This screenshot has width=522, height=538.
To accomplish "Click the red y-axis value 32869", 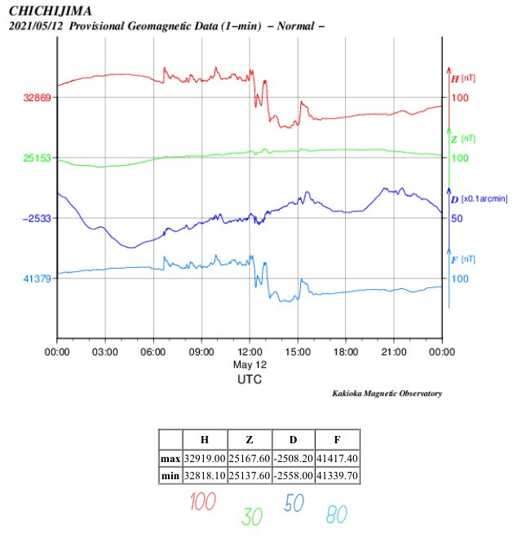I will pos(38,97).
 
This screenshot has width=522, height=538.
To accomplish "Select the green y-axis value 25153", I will pos(38,158).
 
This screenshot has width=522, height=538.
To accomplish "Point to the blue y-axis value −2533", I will pos(38,218).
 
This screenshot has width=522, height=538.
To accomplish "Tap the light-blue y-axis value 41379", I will pos(38,278).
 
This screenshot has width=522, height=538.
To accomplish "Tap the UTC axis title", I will pos(250,380).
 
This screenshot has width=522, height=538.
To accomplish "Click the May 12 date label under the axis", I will pos(250,364).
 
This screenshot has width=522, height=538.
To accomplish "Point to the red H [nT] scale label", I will pos(462,78).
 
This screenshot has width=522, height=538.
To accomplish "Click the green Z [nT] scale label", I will pos(462,139).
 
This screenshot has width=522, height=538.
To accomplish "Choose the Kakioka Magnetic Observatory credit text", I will pos(387,393).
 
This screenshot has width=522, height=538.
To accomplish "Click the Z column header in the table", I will pos(248,439).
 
